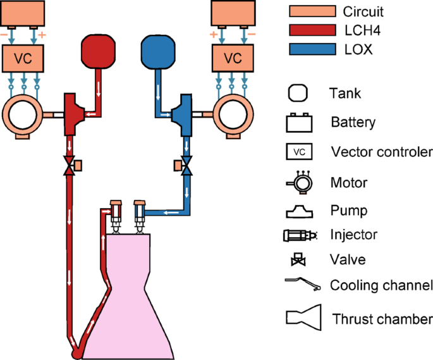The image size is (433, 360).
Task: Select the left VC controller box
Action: (23, 59)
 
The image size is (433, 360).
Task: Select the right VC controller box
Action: (233, 59)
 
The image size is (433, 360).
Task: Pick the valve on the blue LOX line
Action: (186, 166)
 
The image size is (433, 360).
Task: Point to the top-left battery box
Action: (23, 13)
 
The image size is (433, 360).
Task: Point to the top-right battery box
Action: (233, 13)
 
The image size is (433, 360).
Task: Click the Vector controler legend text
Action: (381, 152)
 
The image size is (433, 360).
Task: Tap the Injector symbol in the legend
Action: (296, 235)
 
